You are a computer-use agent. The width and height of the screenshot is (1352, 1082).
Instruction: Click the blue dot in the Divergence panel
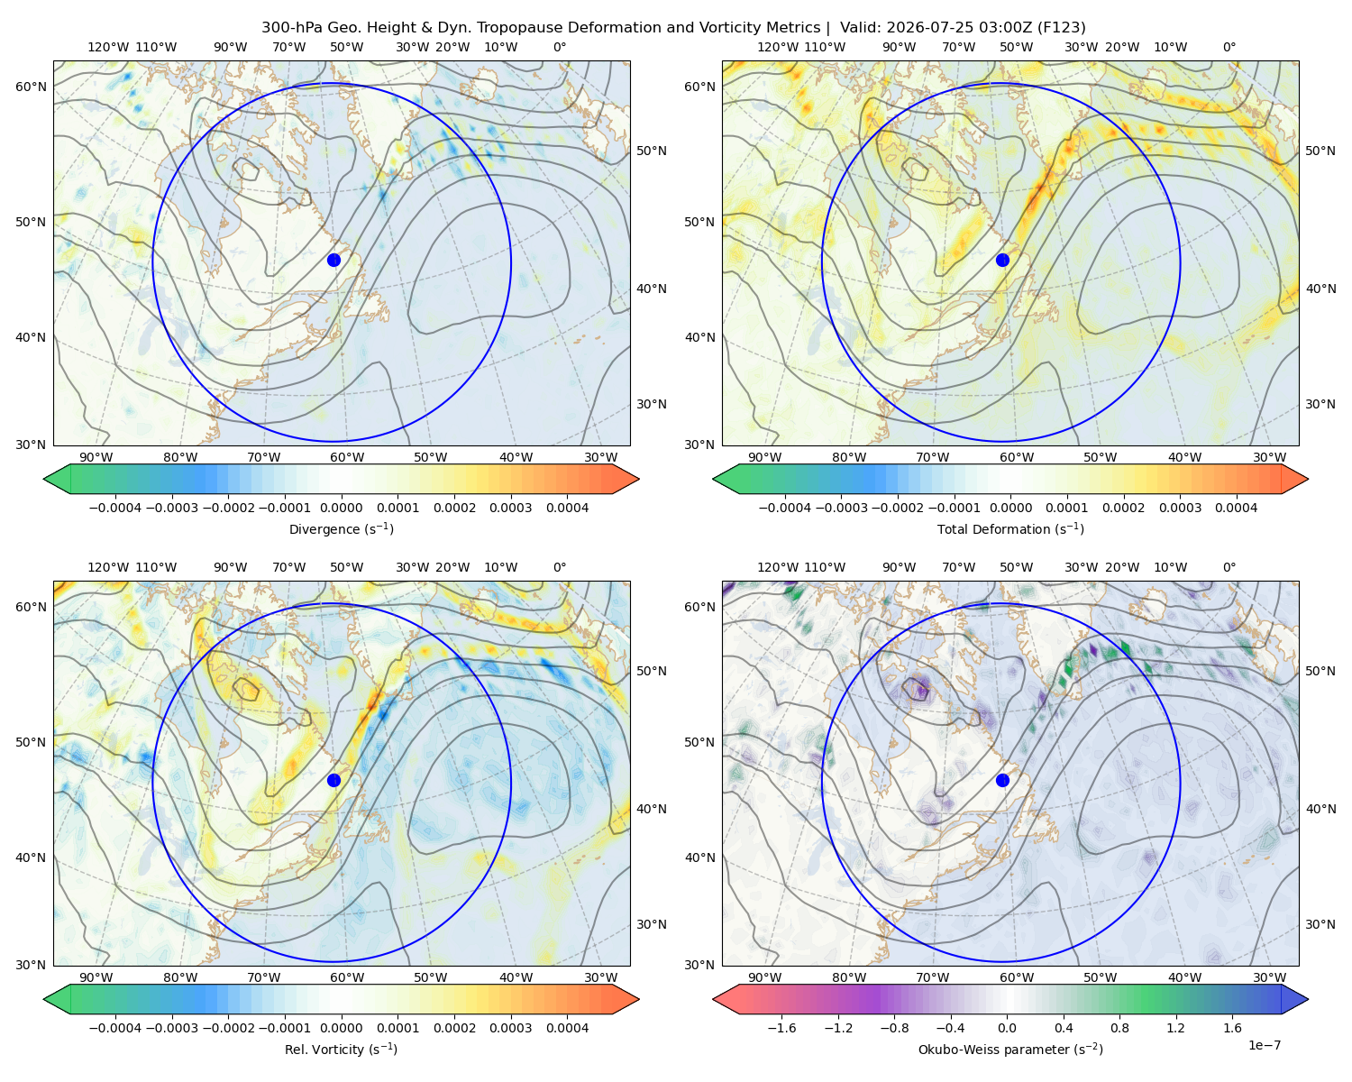333,261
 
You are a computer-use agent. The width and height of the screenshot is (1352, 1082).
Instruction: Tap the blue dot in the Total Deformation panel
1002,261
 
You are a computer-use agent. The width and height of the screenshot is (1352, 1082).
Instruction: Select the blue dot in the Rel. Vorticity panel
333,780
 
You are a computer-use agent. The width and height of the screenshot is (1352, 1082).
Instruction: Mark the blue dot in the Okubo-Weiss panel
1002,780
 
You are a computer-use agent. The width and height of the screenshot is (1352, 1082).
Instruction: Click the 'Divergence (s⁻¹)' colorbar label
341,528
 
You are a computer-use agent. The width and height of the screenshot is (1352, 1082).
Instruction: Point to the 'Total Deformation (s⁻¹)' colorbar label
1010,528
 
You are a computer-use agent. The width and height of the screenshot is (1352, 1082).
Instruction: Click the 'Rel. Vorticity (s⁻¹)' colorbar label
341,1049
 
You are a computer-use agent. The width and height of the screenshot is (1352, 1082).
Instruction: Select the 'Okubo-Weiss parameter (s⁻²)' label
1010,1049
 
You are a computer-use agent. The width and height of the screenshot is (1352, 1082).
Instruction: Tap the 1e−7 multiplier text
1264,1045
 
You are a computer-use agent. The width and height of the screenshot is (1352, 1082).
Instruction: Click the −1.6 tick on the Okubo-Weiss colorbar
782,1028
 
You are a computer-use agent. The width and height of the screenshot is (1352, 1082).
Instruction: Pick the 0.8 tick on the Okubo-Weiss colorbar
1119,1028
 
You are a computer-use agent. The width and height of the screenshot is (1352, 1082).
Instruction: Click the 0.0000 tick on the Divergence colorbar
341,508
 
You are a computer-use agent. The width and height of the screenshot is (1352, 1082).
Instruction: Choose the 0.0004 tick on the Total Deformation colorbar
1236,508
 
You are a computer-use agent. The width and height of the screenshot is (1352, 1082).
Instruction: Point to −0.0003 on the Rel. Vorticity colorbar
171,1028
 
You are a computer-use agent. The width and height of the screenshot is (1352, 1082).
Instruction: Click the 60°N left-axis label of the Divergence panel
31,87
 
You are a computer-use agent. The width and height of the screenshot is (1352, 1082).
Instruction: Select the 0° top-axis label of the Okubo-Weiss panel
1229,567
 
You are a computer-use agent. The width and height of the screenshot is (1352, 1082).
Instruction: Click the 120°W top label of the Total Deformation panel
778,47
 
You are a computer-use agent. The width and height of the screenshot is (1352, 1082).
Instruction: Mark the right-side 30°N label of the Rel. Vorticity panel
652,924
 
